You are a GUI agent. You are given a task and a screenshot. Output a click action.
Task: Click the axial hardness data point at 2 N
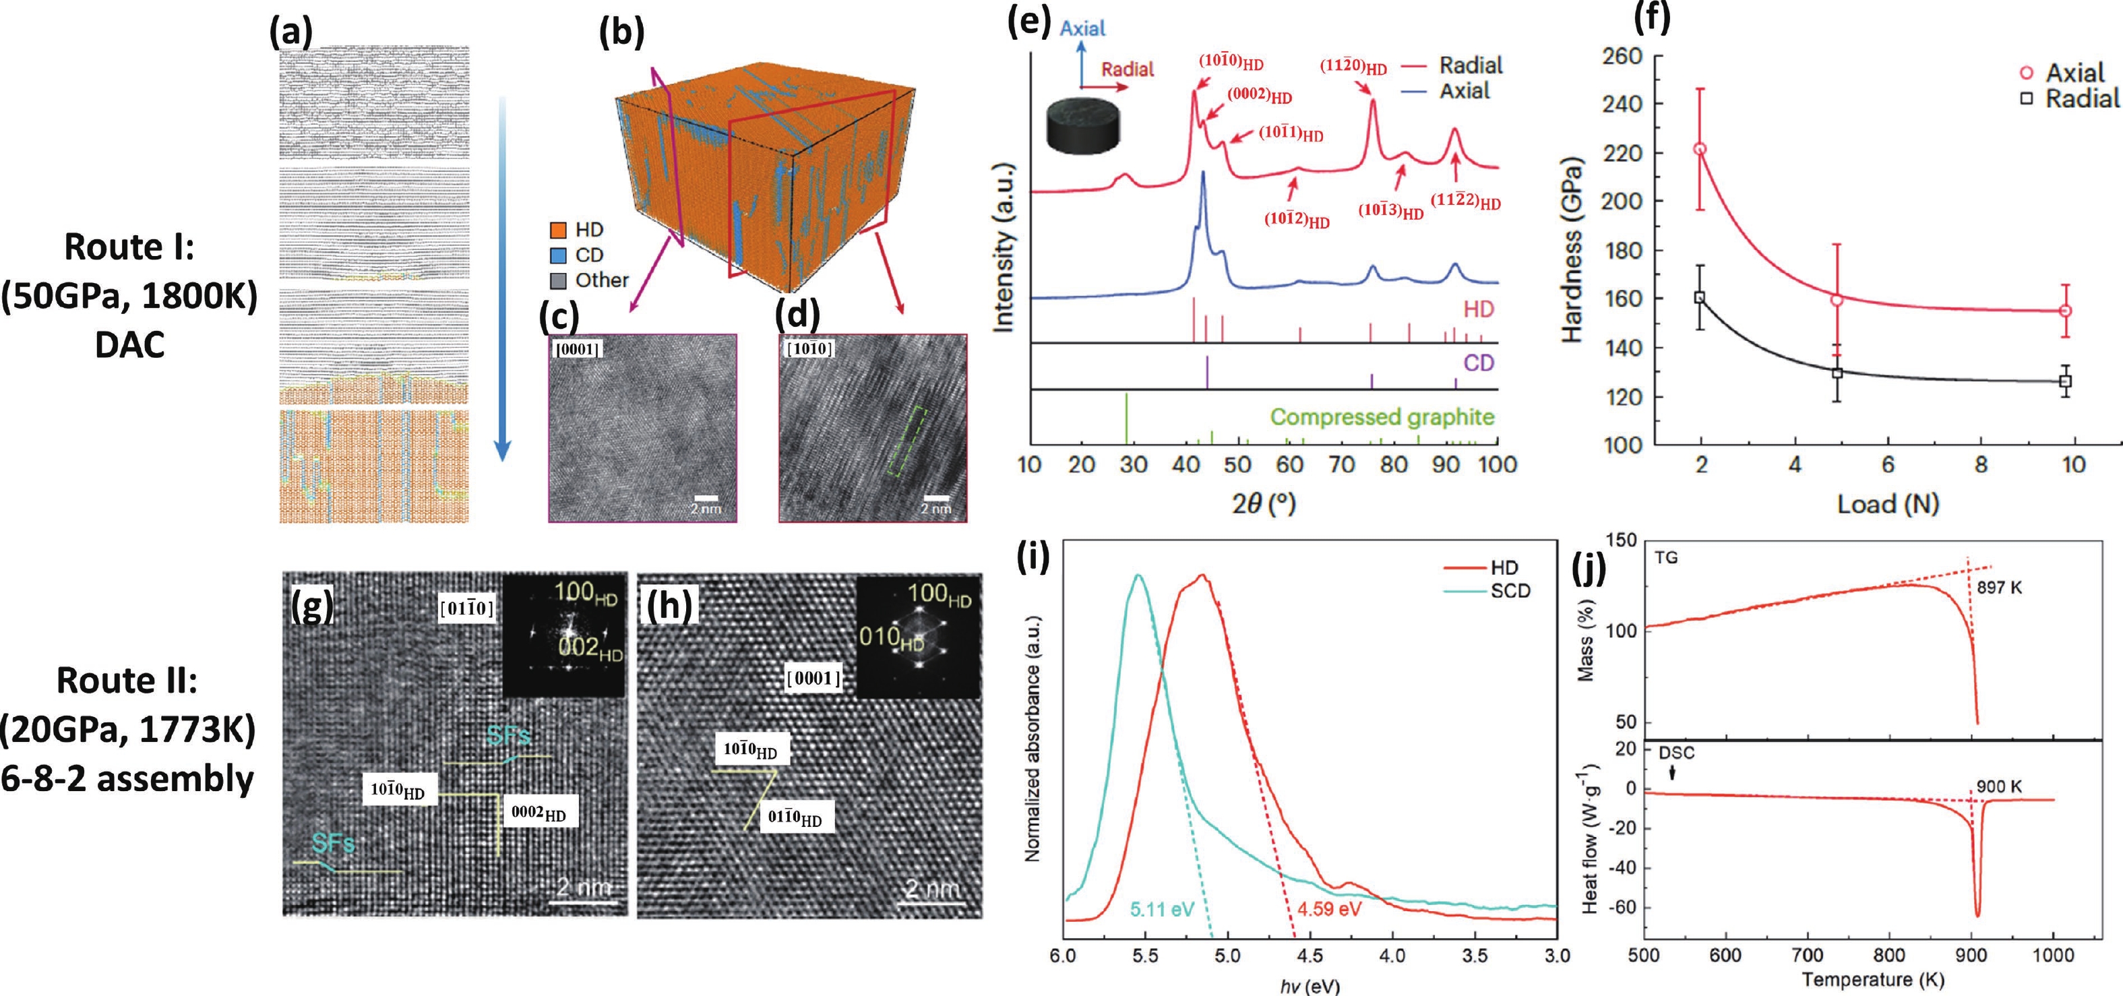1699,149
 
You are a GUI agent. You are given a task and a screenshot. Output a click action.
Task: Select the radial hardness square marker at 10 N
2065,381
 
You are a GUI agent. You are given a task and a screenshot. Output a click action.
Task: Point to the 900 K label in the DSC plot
1998,786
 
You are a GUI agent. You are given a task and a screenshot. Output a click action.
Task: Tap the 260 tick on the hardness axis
1621,56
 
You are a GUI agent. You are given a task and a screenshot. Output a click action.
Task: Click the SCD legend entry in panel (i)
1510,592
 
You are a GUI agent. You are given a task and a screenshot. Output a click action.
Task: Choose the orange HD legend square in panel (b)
558,230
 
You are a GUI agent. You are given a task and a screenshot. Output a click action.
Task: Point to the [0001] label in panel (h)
814,678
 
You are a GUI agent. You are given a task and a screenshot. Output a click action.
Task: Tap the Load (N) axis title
1887,503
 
